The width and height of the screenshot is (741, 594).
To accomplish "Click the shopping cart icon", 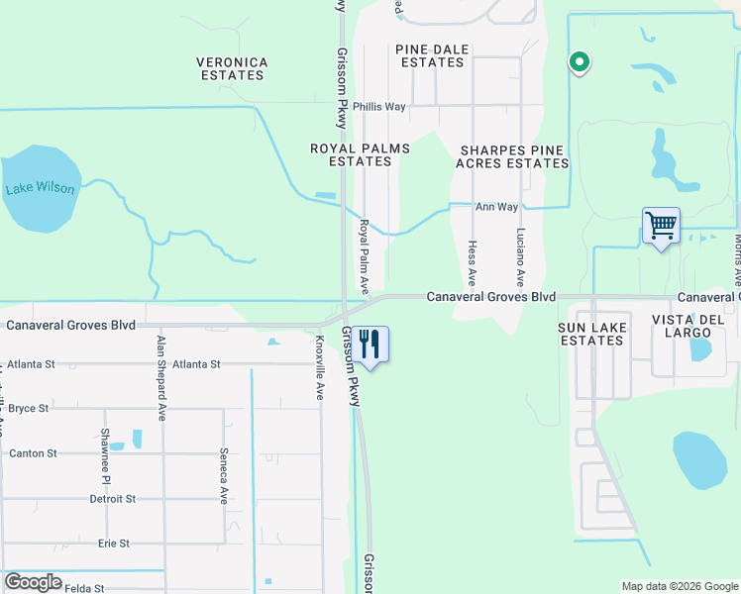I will coord(661,225).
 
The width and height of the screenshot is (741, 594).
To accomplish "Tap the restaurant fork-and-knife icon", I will coord(371,346).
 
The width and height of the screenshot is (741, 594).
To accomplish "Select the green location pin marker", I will coord(580,62).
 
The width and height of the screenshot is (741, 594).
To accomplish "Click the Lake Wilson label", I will coord(40,188).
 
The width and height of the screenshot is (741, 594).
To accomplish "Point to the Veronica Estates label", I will coord(232,68).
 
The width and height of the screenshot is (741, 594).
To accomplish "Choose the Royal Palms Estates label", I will coord(360,154).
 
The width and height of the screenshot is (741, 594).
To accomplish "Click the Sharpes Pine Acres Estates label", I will coord(511,156).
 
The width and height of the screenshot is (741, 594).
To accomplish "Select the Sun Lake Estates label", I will coord(590,334).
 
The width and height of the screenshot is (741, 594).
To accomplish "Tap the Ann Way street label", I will coord(496,207).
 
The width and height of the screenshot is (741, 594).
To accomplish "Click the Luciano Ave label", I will coord(520,258).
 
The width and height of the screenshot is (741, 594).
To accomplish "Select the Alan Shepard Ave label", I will coord(160,378).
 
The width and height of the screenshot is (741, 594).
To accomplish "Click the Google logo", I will coord(33,582).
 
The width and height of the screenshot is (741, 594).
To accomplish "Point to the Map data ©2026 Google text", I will coord(679,586).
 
